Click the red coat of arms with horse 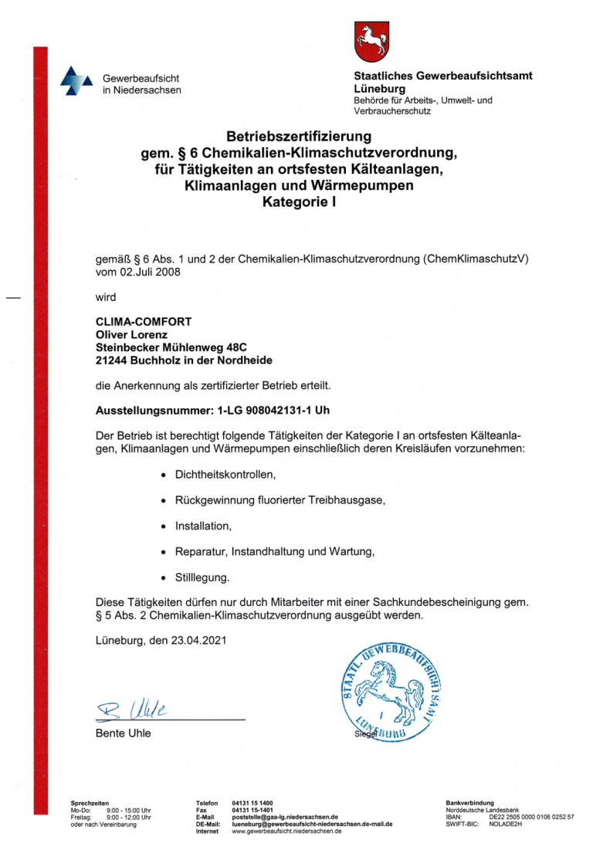point(370,41)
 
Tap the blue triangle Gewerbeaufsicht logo point(76,82)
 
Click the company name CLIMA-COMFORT point(143,322)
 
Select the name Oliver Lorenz point(130,335)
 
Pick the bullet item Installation point(203,526)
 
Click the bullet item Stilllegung point(202,577)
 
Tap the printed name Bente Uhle point(123,733)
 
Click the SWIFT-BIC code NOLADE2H point(506,824)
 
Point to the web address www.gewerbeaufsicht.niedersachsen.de point(286,831)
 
